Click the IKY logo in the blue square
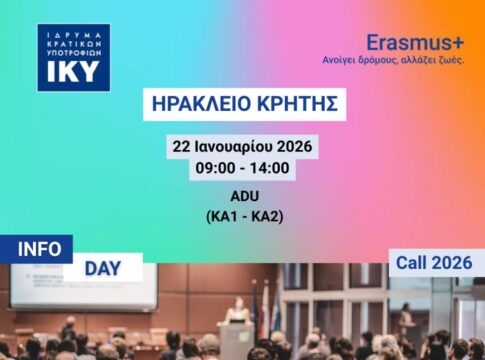(73, 58)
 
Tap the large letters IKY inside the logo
(73, 73)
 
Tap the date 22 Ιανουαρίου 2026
(243, 147)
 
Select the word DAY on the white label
(103, 268)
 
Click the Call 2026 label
(433, 263)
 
